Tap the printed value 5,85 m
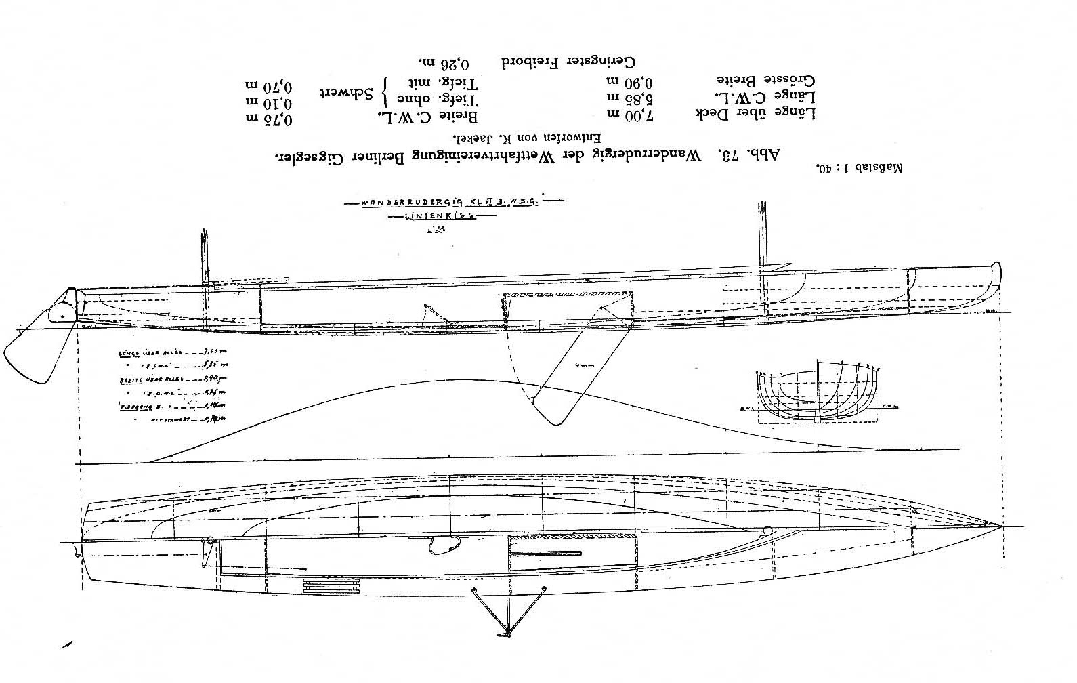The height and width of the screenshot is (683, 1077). click(x=649, y=100)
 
